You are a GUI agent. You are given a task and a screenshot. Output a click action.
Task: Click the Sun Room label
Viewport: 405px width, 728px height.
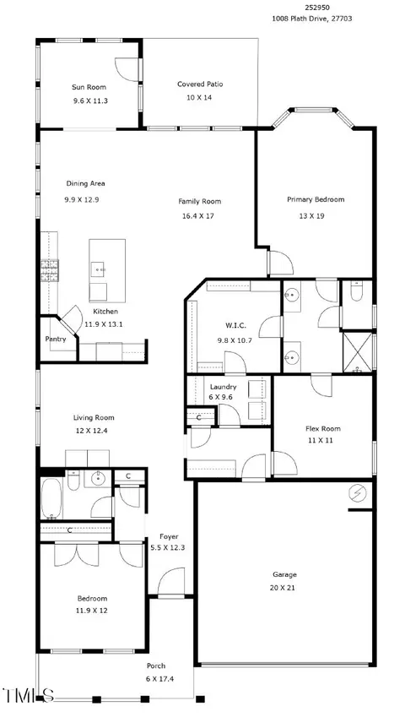click(89, 87)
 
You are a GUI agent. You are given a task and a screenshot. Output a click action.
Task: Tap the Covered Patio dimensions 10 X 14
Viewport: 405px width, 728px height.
click(200, 97)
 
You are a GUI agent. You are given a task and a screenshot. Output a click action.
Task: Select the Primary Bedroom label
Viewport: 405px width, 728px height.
click(316, 199)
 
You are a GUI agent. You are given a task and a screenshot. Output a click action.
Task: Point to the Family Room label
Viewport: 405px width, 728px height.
click(199, 202)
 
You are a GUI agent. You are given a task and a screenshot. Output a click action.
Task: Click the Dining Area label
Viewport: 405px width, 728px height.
click(85, 183)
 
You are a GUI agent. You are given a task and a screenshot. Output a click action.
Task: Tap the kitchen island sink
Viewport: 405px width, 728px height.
click(97, 269)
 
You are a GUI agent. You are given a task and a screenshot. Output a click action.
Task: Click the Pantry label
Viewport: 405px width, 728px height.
click(55, 339)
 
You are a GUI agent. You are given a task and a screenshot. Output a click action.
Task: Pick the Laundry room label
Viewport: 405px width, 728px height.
click(223, 387)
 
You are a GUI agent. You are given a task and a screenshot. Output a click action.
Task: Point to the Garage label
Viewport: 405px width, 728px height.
click(283, 574)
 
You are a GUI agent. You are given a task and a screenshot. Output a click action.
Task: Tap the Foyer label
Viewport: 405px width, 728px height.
click(169, 536)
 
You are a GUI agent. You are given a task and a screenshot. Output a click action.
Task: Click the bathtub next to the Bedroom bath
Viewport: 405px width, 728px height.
click(51, 498)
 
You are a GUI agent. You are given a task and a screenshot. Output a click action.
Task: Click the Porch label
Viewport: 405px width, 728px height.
click(156, 666)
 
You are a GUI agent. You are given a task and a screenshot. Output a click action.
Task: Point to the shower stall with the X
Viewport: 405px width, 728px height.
click(357, 352)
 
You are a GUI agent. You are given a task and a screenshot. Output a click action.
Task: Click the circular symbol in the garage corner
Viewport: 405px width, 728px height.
click(357, 493)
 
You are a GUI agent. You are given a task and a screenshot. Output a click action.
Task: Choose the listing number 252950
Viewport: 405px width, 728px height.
click(314, 8)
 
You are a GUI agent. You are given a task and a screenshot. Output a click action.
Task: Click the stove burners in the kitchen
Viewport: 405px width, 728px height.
click(50, 271)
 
